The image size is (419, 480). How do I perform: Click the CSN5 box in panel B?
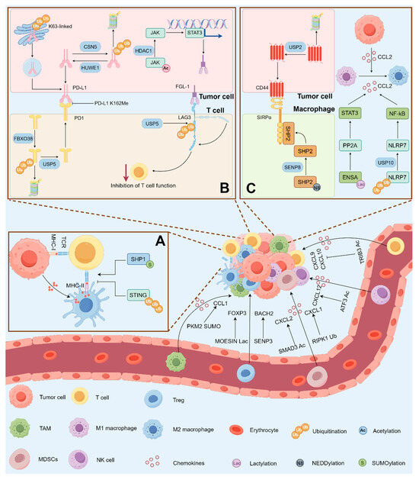click(91, 53)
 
